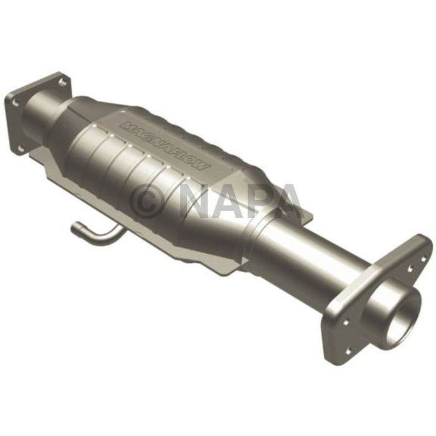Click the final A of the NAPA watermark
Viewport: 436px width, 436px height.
[288, 201]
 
